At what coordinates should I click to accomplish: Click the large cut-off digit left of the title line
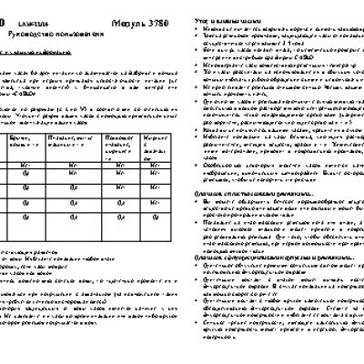pyautogui.click(x=4, y=18)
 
